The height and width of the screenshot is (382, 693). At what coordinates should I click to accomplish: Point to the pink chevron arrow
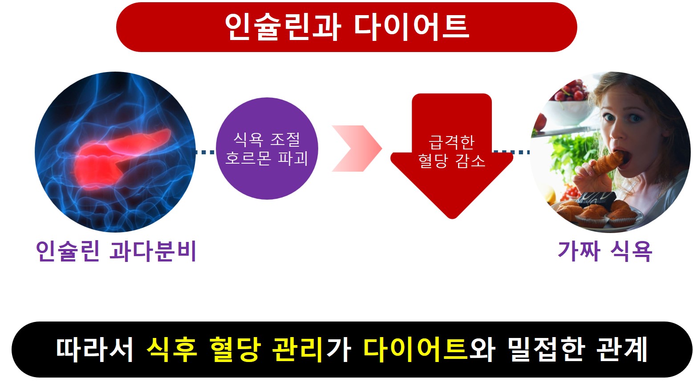pos(356,149)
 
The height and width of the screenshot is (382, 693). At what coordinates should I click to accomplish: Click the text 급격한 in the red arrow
pos(451,142)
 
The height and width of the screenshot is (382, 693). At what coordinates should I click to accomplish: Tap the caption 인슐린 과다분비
pos(116,251)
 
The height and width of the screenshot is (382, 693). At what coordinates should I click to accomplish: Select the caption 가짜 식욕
pos(604,251)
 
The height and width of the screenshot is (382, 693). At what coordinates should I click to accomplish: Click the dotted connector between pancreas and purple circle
pos(205,152)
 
